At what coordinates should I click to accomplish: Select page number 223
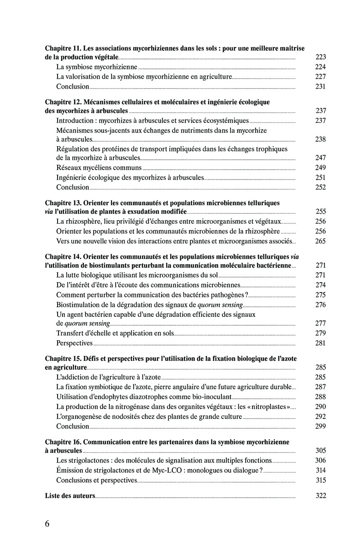coord(320,58)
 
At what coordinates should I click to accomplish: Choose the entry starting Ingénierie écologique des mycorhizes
coord(130,178)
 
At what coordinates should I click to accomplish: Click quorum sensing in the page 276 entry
coord(217,305)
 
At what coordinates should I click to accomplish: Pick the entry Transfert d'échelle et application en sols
coord(115,333)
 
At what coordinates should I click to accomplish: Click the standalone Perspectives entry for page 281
coord(74,343)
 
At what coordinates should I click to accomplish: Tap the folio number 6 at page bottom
coord(47,524)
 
